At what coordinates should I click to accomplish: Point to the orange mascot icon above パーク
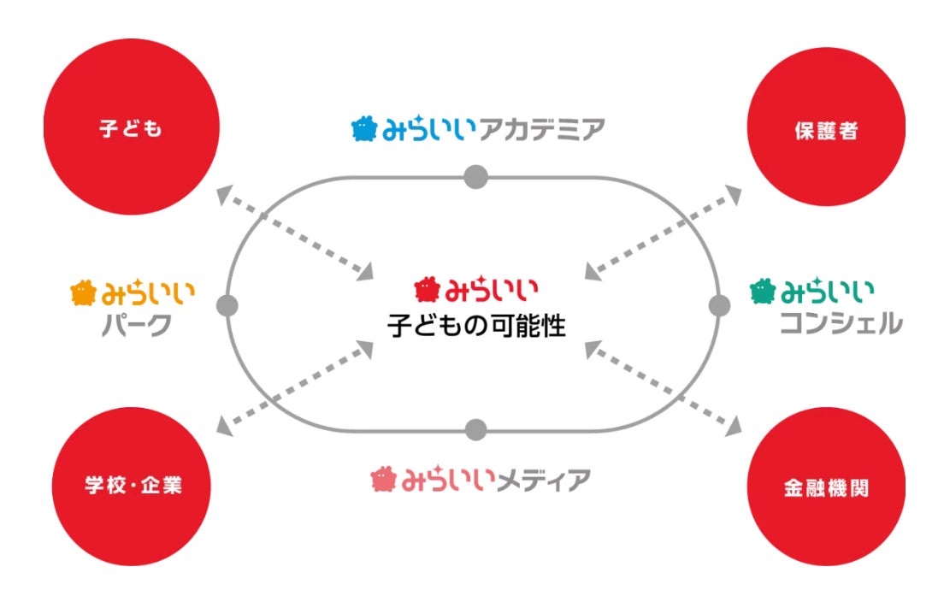click(x=83, y=293)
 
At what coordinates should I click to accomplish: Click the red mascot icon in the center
click(x=426, y=291)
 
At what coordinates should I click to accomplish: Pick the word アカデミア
click(x=547, y=130)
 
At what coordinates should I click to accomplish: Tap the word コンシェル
click(x=841, y=324)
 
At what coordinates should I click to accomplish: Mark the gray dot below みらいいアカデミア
click(x=475, y=177)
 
